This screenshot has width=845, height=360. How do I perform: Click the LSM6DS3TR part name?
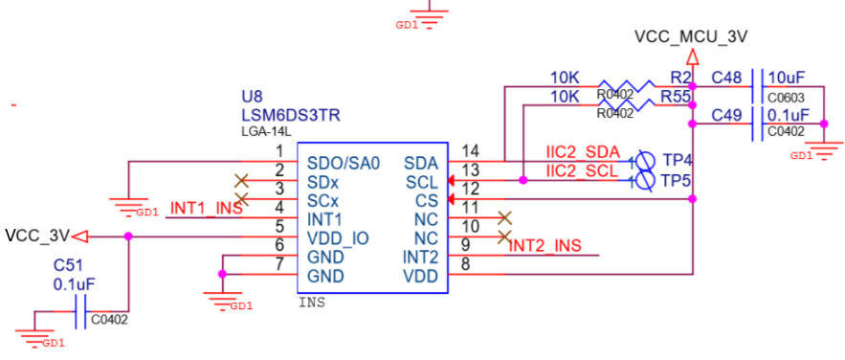(x=292, y=115)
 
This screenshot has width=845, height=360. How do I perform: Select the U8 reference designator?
(x=253, y=97)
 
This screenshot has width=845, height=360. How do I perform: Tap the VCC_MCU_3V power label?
(x=691, y=36)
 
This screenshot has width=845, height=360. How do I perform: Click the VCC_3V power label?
(x=37, y=236)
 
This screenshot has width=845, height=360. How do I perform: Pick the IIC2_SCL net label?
(x=582, y=171)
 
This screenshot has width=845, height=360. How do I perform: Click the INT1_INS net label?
(x=206, y=208)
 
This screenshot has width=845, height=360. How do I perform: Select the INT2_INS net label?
(x=545, y=246)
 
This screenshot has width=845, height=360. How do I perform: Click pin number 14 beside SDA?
(x=470, y=149)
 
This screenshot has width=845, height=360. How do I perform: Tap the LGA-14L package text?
(x=268, y=132)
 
